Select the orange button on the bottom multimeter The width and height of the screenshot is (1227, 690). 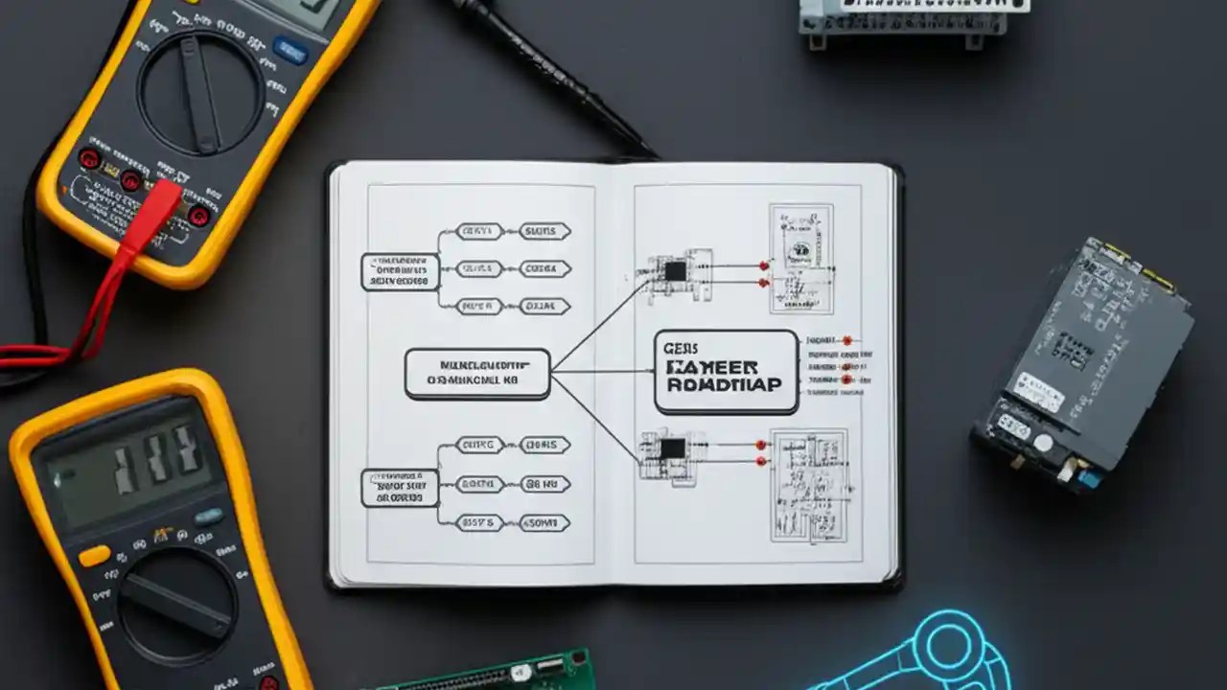coord(94,556)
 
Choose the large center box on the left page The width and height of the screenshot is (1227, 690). coord(477,374)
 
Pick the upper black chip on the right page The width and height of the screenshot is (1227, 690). coord(676,271)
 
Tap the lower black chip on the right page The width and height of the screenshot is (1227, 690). coord(673,448)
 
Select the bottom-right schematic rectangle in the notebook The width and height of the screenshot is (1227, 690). coord(809,484)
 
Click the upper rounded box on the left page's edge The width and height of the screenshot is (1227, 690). coord(400,272)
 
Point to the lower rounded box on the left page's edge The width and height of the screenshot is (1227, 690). coord(400,488)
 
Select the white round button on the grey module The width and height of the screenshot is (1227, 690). coord(1042,443)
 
